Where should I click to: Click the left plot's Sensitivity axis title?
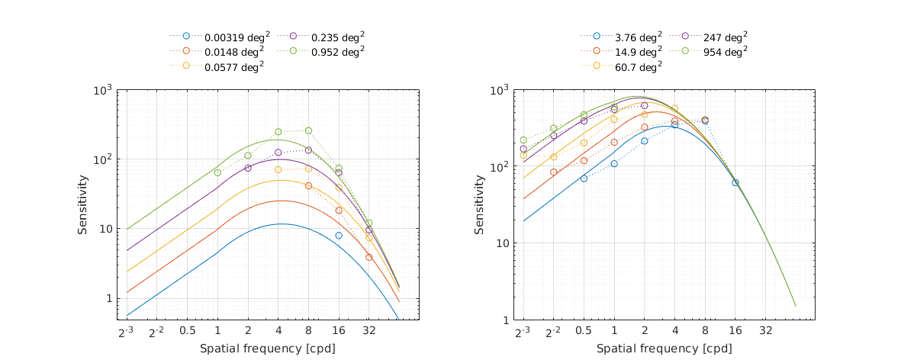[x=83, y=205]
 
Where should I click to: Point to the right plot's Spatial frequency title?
[x=663, y=349]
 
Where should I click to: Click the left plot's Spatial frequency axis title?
[x=267, y=349]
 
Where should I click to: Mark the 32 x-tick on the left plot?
[x=368, y=333]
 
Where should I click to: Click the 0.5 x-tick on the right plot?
[x=584, y=333]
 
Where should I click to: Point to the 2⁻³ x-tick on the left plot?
[x=126, y=333]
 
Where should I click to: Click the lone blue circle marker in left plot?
[x=339, y=236]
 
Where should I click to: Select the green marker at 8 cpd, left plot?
[x=308, y=130]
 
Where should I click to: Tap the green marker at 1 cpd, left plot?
[x=217, y=172]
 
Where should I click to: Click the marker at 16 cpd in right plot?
[x=735, y=182]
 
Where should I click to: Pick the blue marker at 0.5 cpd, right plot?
[x=584, y=178]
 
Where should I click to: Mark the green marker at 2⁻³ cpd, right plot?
[x=523, y=140]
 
